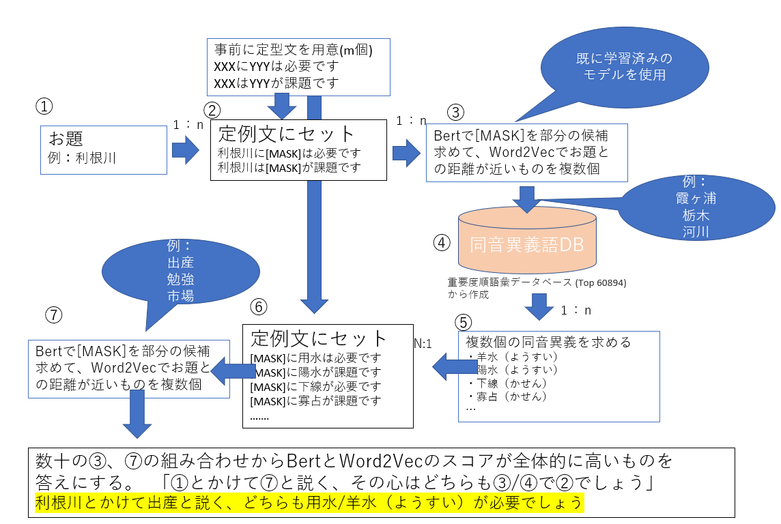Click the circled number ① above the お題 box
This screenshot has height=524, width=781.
[44, 106]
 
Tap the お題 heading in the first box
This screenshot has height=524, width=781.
[66, 139]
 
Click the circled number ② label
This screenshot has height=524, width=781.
[213, 111]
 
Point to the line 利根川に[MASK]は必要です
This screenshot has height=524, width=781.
[289, 153]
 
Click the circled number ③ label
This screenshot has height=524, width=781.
[455, 111]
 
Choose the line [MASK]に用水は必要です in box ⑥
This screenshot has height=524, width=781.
[316, 358]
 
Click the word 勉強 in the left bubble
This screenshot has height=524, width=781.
[182, 279]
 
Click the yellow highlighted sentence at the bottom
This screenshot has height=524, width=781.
[309, 503]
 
